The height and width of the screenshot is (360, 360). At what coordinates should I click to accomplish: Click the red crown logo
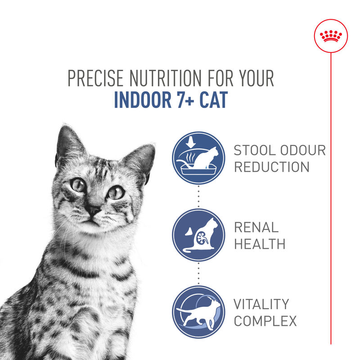point(331,36)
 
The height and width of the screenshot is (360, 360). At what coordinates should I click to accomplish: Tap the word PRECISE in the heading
point(96,78)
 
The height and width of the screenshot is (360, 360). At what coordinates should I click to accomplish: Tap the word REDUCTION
point(272,167)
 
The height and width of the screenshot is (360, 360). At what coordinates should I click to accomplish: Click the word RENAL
point(256,228)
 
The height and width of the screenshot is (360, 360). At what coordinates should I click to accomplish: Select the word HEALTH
point(259,244)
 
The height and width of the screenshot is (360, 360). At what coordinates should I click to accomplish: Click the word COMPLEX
point(265,321)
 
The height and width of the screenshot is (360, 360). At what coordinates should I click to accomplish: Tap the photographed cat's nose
point(94,210)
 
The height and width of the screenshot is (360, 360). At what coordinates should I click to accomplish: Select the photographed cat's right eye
point(116,192)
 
